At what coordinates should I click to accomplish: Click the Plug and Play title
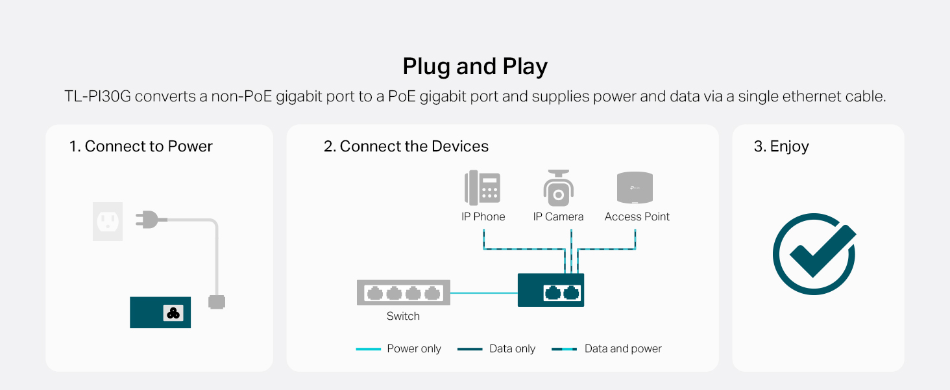(475, 67)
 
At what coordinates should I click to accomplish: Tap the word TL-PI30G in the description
(97, 97)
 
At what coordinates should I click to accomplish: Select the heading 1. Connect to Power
(141, 146)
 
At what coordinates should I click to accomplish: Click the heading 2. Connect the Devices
(406, 146)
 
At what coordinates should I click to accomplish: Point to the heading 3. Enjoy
(781, 146)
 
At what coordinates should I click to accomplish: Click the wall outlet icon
(108, 221)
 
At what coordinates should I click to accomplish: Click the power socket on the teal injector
(173, 313)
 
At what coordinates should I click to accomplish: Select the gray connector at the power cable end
(216, 302)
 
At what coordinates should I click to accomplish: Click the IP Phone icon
(483, 188)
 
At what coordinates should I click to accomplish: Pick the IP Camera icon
(558, 188)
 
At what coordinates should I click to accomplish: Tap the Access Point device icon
(635, 188)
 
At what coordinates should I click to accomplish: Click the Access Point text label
(637, 217)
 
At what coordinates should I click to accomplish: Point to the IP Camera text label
(558, 217)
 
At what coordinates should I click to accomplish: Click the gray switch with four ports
(403, 292)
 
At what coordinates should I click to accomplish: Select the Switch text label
(403, 317)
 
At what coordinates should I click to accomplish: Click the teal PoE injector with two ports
(550, 291)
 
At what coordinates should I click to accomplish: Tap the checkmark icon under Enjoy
(814, 253)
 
